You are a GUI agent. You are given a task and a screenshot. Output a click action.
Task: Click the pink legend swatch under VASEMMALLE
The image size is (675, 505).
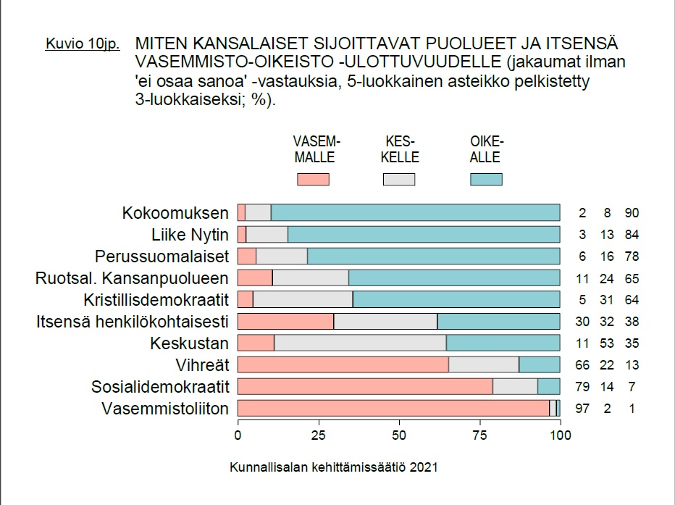click(313, 179)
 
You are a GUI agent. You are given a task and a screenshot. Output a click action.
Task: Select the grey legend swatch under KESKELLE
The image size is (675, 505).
click(399, 179)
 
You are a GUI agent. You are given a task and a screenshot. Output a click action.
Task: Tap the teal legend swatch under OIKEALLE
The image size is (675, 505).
click(486, 179)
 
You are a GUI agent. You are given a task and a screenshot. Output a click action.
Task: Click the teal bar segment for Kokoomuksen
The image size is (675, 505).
click(415, 213)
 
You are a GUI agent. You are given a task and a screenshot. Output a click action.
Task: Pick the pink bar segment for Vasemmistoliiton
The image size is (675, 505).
click(393, 409)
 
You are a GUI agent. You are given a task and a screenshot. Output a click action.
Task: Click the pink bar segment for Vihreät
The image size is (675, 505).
click(343, 365)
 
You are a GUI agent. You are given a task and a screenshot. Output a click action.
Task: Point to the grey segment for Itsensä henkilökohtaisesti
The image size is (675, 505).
click(385, 322)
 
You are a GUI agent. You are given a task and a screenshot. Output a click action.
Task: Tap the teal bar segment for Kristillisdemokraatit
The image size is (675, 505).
click(456, 300)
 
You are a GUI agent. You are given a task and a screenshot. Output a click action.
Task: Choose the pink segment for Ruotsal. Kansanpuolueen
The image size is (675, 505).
click(255, 278)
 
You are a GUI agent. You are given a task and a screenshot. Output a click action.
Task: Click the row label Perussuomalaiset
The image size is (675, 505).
click(162, 256)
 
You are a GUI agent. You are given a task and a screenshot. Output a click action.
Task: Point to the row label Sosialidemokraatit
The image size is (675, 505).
click(160, 387)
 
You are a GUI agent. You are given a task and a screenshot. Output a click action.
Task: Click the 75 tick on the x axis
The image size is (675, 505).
click(479, 435)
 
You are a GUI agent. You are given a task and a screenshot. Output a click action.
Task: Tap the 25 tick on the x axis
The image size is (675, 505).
click(318, 435)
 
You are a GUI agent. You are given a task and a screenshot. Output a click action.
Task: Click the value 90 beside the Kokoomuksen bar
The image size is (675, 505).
click(632, 213)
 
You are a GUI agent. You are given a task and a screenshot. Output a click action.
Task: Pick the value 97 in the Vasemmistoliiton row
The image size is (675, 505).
click(582, 409)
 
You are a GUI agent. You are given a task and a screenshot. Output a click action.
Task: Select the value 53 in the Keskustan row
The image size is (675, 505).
click(607, 343)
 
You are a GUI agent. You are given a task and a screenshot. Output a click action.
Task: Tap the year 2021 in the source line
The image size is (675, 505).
click(424, 467)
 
